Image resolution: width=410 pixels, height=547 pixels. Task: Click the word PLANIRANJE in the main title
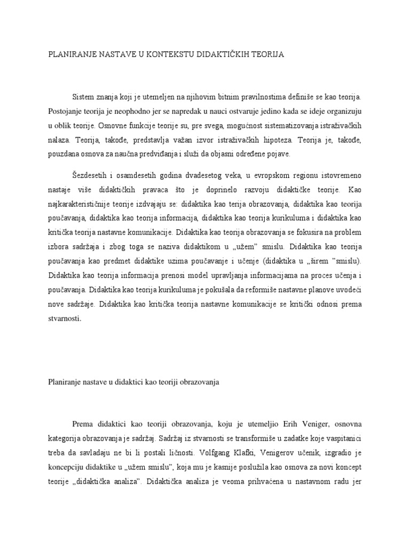coord(66,55)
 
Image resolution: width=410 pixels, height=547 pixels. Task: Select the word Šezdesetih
coord(91,175)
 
